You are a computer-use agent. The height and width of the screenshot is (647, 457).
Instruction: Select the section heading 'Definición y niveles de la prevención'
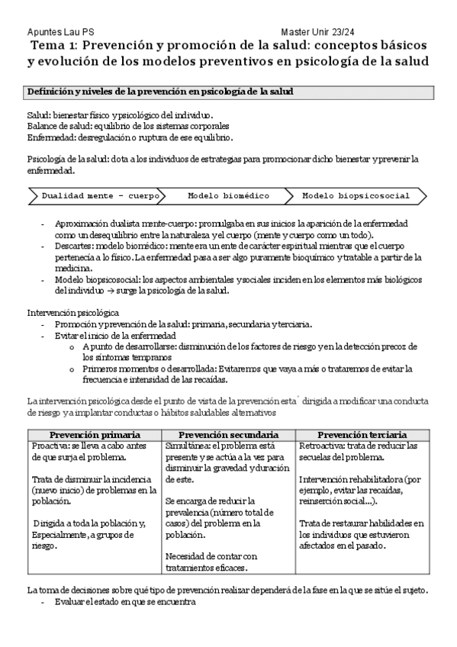160,92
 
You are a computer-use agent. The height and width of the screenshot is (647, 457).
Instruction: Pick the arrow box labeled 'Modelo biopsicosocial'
356,196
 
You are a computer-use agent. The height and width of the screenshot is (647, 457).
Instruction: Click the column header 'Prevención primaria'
95,434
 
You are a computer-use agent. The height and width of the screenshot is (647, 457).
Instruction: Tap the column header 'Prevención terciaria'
362,434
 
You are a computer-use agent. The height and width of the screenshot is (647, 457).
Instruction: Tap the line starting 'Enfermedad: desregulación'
130,137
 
